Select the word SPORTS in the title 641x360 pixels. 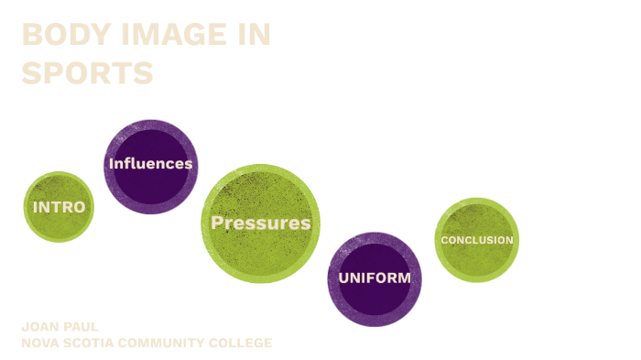click(x=87, y=72)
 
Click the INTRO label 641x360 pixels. click(x=59, y=207)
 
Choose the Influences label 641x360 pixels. click(x=150, y=164)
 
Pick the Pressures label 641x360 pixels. click(x=261, y=223)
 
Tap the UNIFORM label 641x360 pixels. click(x=375, y=278)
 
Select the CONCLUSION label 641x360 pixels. click(x=477, y=240)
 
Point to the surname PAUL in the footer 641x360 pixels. click(x=81, y=327)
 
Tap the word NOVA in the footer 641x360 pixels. click(x=41, y=344)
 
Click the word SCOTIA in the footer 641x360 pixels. click(x=94, y=344)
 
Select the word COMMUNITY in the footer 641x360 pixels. click(x=170, y=344)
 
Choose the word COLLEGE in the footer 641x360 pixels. click(x=244, y=344)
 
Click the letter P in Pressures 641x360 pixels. click(x=217, y=223)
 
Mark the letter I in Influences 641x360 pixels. click(x=111, y=164)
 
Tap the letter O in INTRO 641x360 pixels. click(x=81, y=207)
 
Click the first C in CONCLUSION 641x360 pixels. click(x=445, y=240)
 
